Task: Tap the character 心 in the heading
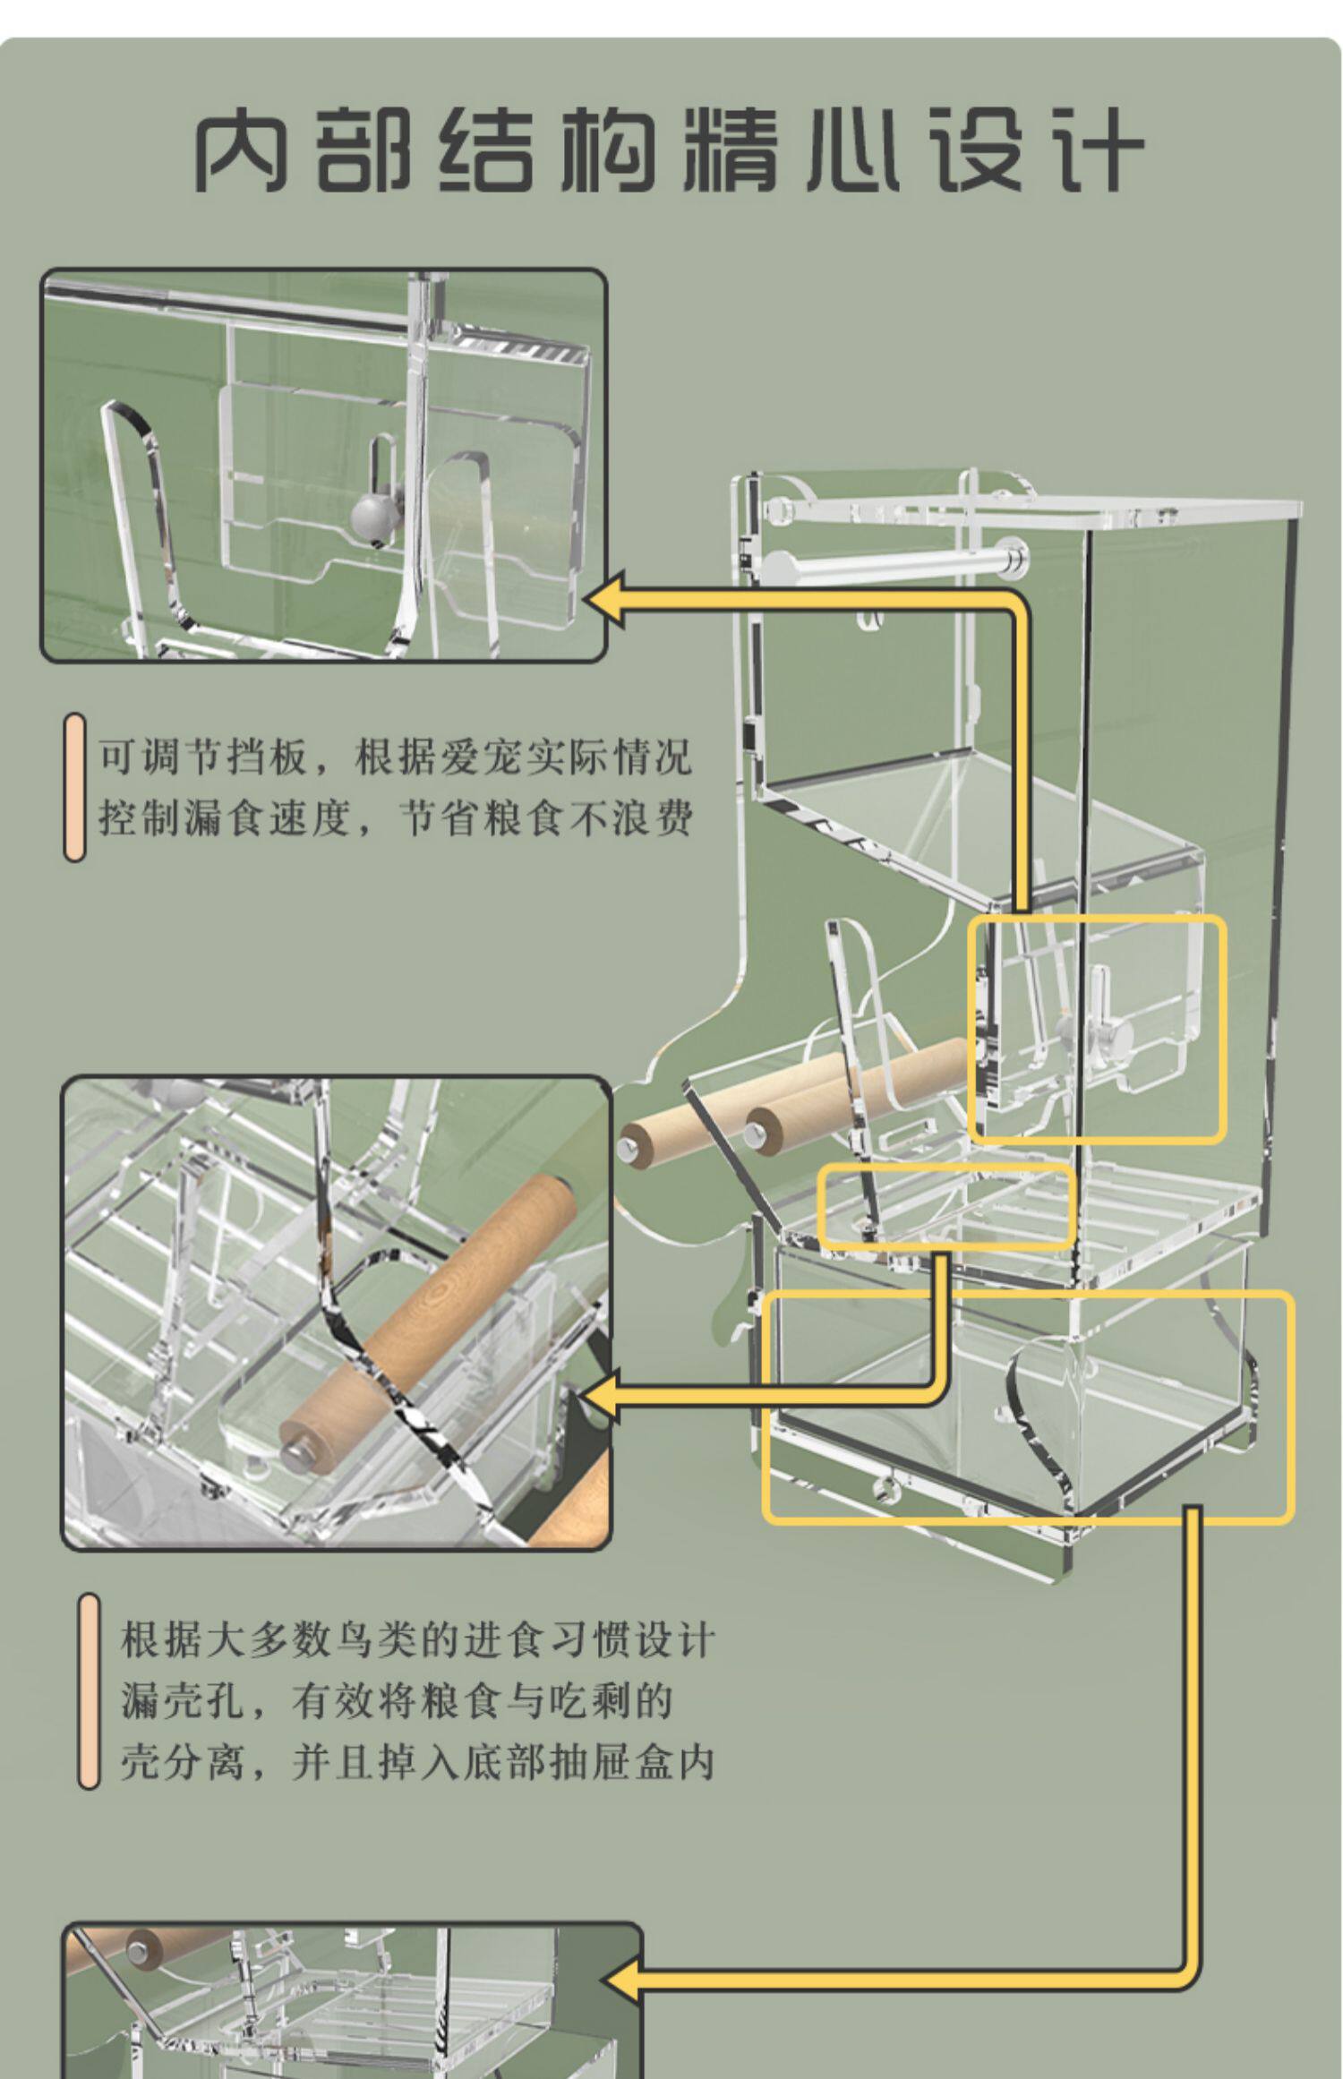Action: coord(852,149)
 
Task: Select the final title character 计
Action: coord(1098,149)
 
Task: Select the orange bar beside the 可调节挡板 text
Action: coord(74,787)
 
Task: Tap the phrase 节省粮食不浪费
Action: coord(544,817)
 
